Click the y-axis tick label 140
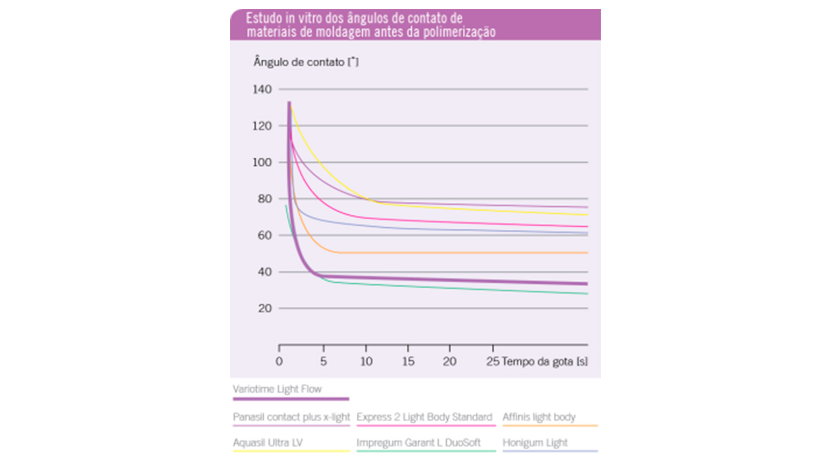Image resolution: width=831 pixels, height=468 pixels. [262, 89]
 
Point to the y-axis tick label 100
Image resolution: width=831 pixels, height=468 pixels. [262, 162]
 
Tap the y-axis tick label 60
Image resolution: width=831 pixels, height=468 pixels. [265, 236]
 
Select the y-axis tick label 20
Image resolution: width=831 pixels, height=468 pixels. [265, 308]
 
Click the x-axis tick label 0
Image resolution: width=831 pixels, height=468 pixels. [279, 361]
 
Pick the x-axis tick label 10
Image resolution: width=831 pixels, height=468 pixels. [366, 361]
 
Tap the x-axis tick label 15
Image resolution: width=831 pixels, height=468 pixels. [408, 361]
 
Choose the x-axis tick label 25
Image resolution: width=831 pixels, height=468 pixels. [492, 361]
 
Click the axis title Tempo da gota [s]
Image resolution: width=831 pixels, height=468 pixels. [545, 361]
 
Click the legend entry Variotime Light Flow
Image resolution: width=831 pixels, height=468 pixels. [277, 389]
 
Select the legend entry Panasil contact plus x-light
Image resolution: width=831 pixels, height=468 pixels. [291, 417]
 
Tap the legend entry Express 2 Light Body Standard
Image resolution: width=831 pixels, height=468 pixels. [424, 417]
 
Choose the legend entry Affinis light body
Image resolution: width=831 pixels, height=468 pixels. [539, 417]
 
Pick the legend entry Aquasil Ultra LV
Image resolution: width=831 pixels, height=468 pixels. [267, 443]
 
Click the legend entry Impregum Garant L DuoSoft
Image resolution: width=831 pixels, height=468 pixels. [419, 443]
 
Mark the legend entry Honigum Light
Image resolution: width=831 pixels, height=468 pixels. [535, 443]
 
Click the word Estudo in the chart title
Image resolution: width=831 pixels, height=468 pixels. [263, 18]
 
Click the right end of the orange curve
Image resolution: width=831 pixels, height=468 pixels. [587, 253]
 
